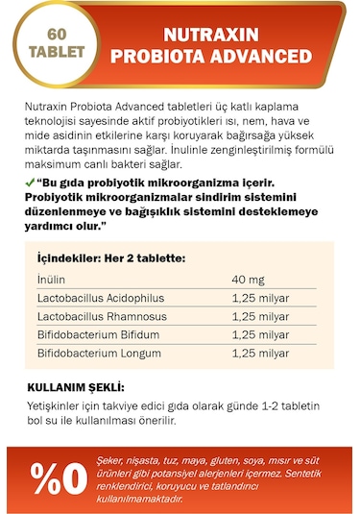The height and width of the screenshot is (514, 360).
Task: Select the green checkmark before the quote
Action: click(31, 183)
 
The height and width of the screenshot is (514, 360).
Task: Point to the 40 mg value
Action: click(250, 279)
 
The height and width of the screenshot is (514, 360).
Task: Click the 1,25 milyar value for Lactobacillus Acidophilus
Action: click(260, 297)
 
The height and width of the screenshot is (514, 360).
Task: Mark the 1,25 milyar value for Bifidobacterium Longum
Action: click(260, 355)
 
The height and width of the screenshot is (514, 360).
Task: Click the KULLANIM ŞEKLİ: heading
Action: click(76, 386)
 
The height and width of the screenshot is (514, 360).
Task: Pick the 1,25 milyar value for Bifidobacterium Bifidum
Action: click(260, 335)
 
